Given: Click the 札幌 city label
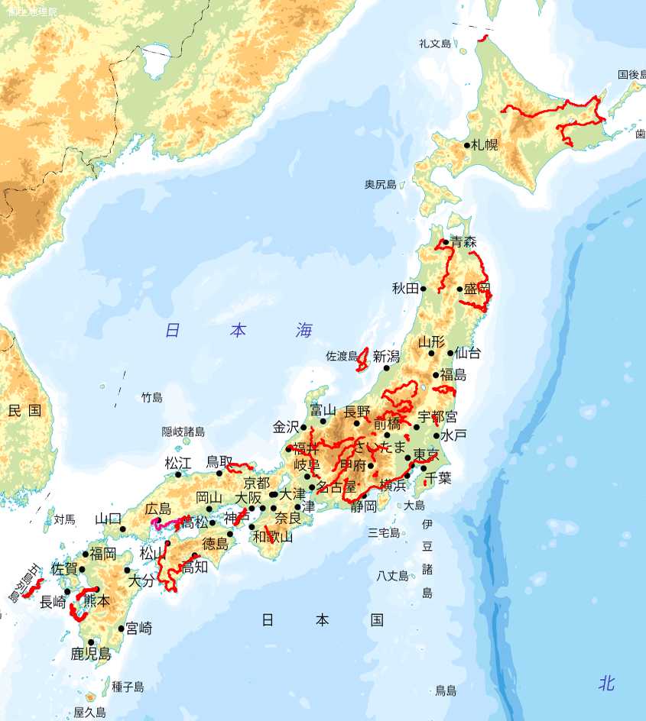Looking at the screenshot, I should (x=484, y=144).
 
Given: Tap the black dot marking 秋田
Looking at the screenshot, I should (x=423, y=289).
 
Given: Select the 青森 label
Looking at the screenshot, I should (x=463, y=241).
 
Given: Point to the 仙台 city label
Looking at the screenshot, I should (x=468, y=353).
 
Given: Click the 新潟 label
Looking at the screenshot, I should (x=386, y=356).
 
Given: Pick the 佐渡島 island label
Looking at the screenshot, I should (x=342, y=356).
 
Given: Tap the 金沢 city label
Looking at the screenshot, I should (x=287, y=427).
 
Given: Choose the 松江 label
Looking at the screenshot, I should (x=178, y=463).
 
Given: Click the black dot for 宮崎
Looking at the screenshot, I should (x=121, y=629).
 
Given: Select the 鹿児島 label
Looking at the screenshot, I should (x=91, y=654).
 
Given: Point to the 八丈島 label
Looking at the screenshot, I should (x=391, y=576).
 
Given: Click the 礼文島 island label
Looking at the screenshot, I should (x=435, y=44).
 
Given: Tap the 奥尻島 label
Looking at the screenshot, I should (x=380, y=184).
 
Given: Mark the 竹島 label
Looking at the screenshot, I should (x=152, y=397).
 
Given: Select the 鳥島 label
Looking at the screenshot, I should (x=446, y=691).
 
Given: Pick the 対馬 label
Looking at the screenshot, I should (x=65, y=519).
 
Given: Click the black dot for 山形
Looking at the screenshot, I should (x=431, y=353).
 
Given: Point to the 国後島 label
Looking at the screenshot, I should (x=632, y=75).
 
